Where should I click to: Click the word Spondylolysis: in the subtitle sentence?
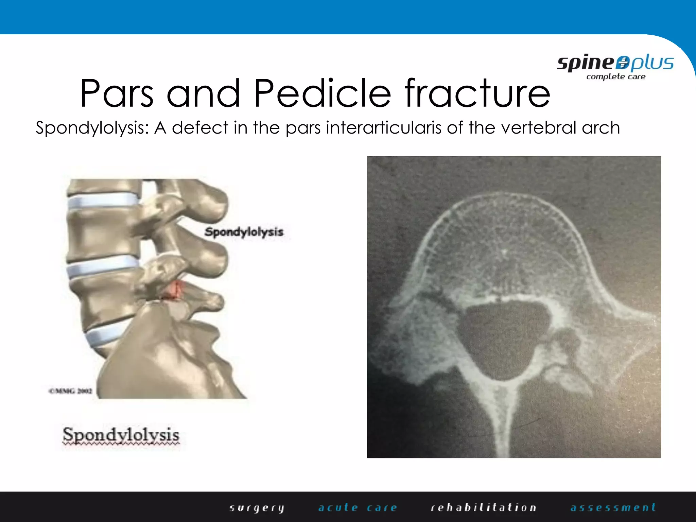(92, 128)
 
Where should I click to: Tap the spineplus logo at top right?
(615, 64)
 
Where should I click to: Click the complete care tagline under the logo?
(615, 77)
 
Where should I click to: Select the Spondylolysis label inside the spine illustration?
(244, 232)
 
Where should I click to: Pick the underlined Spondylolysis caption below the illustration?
(121, 435)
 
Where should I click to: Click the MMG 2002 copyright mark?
(70, 391)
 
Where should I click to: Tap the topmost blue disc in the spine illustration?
(102, 201)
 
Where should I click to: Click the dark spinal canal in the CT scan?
(503, 336)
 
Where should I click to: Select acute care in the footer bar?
(358, 508)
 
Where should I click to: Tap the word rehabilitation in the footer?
(483, 508)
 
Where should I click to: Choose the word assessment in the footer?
(613, 508)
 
